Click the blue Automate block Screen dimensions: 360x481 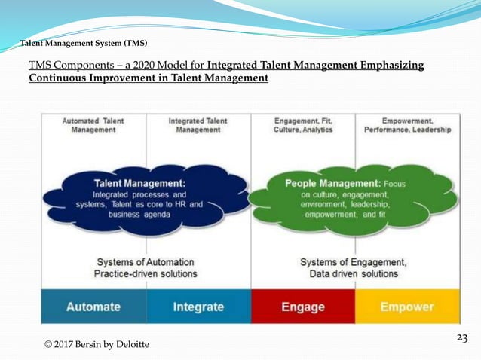point(93,307)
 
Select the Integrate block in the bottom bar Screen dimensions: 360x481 point(198,307)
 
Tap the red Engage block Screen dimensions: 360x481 point(302,307)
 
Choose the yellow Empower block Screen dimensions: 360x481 point(407,307)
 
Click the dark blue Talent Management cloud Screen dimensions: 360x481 point(148,198)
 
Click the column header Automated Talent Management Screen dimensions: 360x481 point(93,124)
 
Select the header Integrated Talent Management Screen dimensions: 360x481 point(198,124)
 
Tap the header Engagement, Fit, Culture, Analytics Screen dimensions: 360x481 point(302,124)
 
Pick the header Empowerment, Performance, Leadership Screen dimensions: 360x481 point(407,124)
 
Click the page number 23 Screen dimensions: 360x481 point(462,338)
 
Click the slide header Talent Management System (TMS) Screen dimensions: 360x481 point(84,43)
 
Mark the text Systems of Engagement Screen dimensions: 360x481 point(354,261)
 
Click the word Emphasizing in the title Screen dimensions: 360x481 point(391,66)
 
